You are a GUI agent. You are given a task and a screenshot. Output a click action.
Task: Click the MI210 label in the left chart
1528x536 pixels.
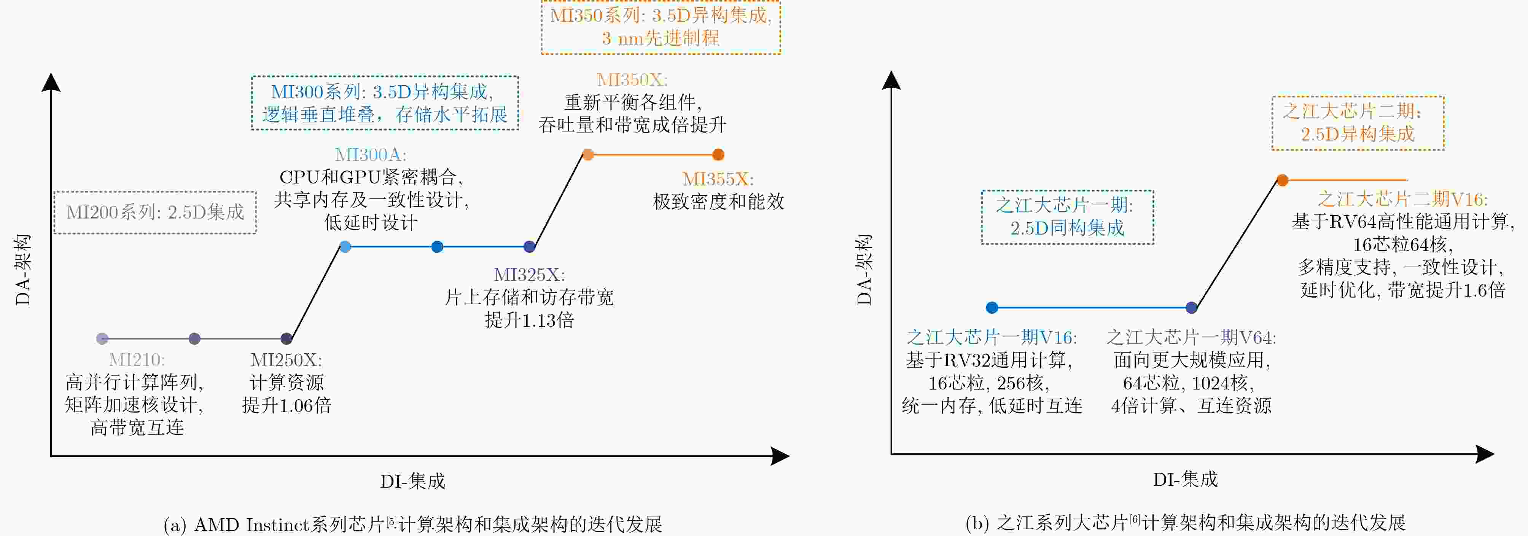[137, 360]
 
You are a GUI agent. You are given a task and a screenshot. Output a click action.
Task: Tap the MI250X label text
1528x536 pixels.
[286, 360]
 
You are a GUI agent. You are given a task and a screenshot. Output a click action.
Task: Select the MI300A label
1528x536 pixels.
[371, 155]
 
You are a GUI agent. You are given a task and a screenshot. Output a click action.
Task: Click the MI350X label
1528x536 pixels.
[632, 80]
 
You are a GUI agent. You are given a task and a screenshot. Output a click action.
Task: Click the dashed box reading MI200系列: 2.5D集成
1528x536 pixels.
[155, 212]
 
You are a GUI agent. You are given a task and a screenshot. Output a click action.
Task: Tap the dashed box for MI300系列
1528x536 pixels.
[385, 103]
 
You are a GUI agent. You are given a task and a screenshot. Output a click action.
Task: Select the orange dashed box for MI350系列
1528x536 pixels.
[661, 27]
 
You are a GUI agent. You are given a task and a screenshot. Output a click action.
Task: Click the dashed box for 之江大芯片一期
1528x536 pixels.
[1068, 217]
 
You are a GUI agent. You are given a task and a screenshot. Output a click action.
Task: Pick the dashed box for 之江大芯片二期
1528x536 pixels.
[1358, 123]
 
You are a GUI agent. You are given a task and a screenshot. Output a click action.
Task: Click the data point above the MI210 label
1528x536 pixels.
[102, 339]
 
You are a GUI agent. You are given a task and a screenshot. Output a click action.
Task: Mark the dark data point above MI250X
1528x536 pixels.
[286, 339]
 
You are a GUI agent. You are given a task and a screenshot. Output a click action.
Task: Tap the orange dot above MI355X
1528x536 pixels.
[718, 155]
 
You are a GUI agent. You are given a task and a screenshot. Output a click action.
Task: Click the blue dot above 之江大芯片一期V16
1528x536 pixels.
[992, 308]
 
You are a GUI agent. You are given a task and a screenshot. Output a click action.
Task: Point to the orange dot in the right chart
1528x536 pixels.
[1283, 180]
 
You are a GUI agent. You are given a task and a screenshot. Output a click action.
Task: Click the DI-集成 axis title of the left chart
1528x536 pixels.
[413, 481]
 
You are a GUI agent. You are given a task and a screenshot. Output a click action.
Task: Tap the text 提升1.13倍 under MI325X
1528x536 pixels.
[529, 321]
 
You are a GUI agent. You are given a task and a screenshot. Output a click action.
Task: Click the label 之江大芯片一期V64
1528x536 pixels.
[1191, 338]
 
